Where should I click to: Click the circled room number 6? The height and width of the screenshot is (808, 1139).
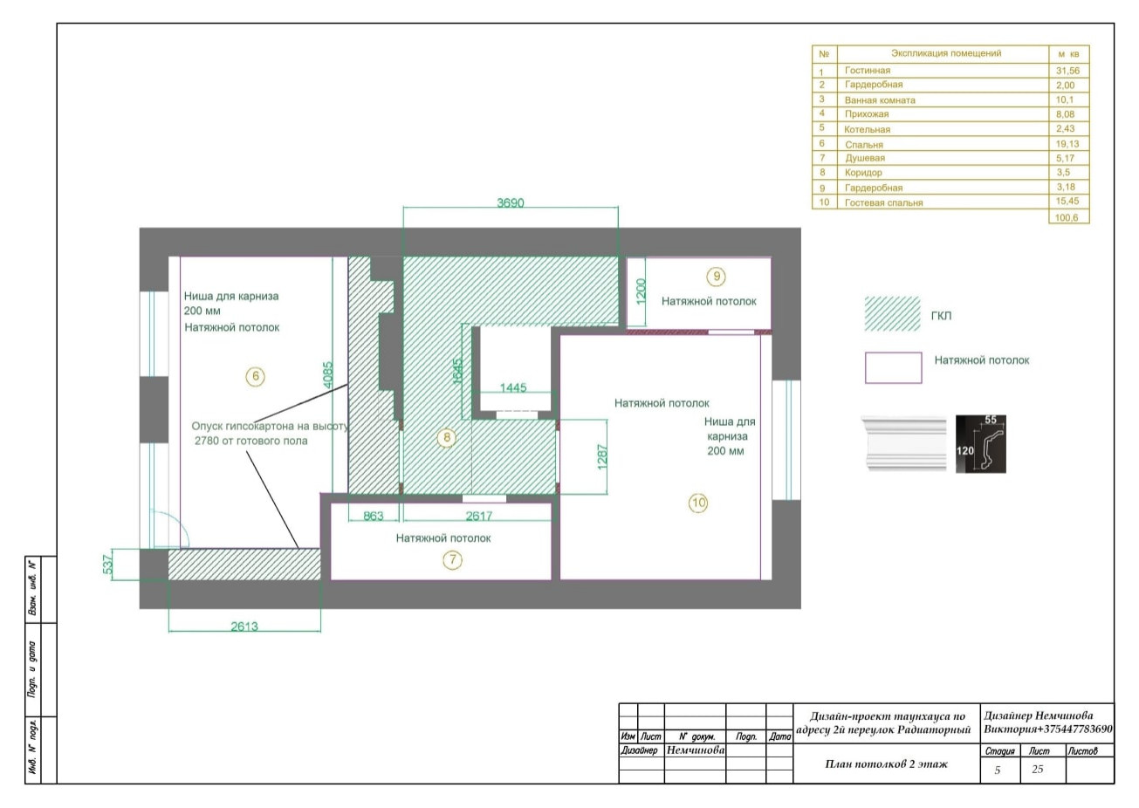pyautogui.click(x=255, y=377)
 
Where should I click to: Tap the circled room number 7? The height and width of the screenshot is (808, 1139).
pyautogui.click(x=453, y=560)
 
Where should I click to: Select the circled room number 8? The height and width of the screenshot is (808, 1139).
pyautogui.click(x=447, y=437)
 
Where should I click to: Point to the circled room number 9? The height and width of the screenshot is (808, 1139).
pyautogui.click(x=716, y=277)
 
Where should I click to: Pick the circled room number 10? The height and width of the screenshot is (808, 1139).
pyautogui.click(x=698, y=503)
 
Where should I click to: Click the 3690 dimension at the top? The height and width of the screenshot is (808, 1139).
pyautogui.click(x=510, y=203)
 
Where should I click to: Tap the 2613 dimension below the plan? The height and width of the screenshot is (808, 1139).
pyautogui.click(x=244, y=627)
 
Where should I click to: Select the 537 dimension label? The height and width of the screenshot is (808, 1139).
pyautogui.click(x=107, y=565)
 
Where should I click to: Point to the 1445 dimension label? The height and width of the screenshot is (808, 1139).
pyautogui.click(x=513, y=388)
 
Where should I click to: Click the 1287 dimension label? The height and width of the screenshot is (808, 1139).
pyautogui.click(x=602, y=457)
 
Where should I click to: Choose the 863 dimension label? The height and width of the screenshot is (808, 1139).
pyautogui.click(x=374, y=516)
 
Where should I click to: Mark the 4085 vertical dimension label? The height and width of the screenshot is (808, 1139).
pyautogui.click(x=328, y=374)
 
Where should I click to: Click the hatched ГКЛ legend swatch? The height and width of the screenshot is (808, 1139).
pyautogui.click(x=892, y=314)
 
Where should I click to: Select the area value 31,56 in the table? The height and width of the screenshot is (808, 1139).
pyautogui.click(x=1067, y=71)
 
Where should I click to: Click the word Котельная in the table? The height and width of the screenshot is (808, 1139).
pyautogui.click(x=867, y=129)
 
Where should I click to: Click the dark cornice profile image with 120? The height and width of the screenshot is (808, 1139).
pyautogui.click(x=980, y=444)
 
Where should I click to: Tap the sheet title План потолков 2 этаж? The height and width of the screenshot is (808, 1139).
pyautogui.click(x=886, y=764)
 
